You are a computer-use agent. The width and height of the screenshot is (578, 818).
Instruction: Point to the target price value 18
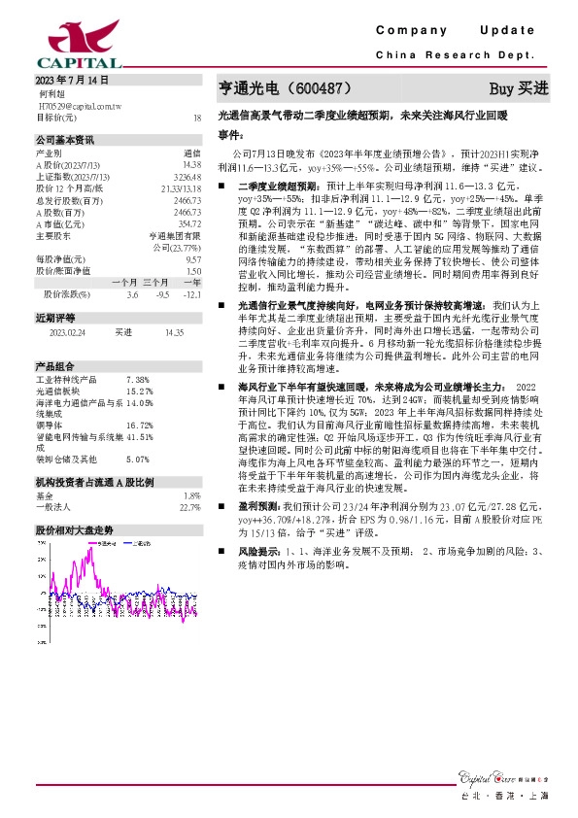pyautogui.click(x=196, y=117)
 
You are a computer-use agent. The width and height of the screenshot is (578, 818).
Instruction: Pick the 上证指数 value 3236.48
pyautogui.click(x=187, y=175)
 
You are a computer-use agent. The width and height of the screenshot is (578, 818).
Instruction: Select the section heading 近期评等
pyautogui.click(x=55, y=318)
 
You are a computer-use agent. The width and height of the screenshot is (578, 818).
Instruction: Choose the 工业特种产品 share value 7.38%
pyautogui.click(x=138, y=379)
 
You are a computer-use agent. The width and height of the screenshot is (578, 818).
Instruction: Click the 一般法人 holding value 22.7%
pyautogui.click(x=189, y=506)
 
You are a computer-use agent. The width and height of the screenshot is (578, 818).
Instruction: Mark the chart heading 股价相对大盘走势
pyautogui.click(x=75, y=530)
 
